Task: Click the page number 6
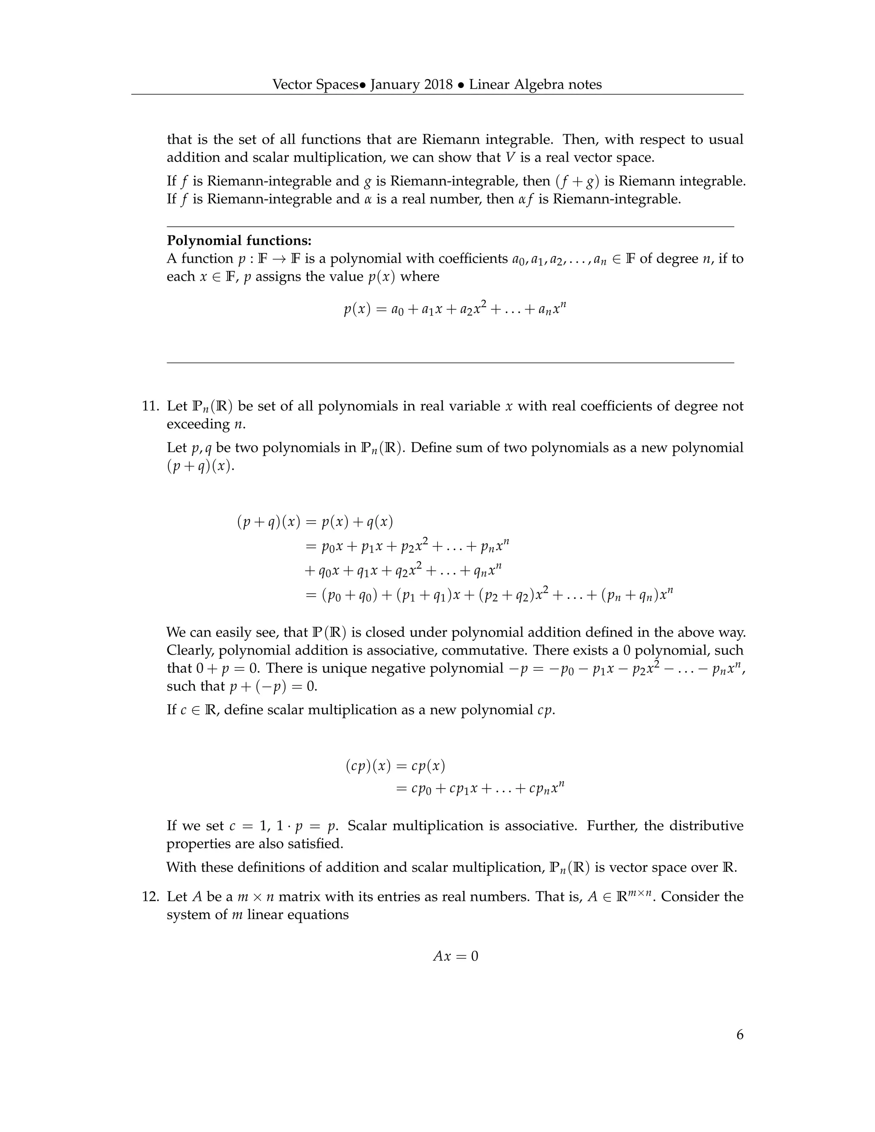[739, 1035]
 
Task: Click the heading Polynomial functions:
[239, 240]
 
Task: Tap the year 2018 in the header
[438, 85]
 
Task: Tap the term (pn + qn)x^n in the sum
[637, 595]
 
